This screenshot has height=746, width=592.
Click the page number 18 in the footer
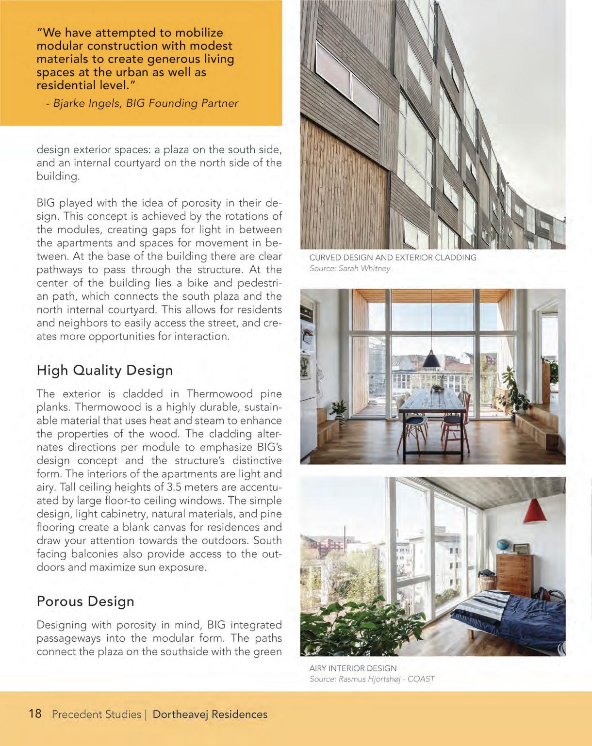[35, 714]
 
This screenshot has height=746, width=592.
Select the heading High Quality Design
[105, 370]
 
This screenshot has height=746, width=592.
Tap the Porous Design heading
[85, 601]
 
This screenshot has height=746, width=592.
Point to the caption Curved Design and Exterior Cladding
[393, 258]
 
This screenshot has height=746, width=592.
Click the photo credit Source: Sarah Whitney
[349, 268]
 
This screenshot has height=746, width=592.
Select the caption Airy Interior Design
[353, 668]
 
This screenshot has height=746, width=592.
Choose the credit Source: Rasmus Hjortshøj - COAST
[372, 679]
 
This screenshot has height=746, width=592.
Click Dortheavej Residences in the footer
[210, 714]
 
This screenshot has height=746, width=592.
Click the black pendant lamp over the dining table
[431, 360]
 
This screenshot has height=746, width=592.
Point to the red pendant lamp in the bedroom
[535, 512]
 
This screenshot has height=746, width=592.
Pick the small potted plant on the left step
[339, 410]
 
